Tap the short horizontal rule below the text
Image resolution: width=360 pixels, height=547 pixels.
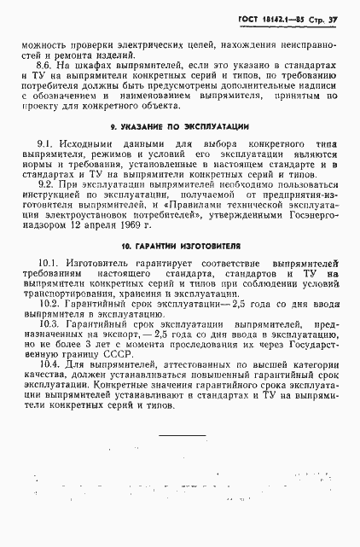(x=182, y=434)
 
